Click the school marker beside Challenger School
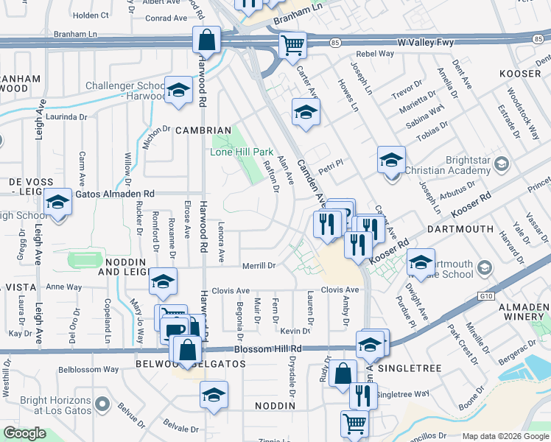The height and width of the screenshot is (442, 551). click(178, 91)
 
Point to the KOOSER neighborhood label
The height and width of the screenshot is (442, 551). click(521, 74)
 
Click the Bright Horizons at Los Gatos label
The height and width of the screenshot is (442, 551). click(46, 405)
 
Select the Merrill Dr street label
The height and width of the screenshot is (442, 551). click(259, 265)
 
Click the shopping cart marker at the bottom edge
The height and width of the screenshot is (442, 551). click(354, 424)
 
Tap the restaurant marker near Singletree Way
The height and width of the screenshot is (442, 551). click(362, 396)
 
